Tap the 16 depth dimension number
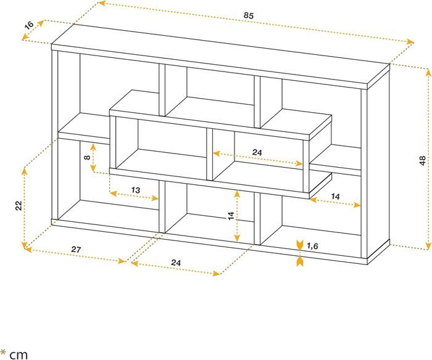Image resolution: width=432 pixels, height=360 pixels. click(x=28, y=25)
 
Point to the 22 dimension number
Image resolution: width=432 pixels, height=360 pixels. click(x=19, y=205)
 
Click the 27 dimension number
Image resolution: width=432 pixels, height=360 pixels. click(x=76, y=249)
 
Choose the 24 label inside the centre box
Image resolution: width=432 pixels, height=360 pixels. click(x=259, y=152)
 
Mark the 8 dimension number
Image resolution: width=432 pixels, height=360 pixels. click(x=88, y=158)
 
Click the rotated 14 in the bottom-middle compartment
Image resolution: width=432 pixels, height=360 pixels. click(x=230, y=216)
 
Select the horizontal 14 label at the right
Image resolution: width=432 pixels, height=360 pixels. click(x=335, y=195)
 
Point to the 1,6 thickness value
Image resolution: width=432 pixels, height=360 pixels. click(x=312, y=247)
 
